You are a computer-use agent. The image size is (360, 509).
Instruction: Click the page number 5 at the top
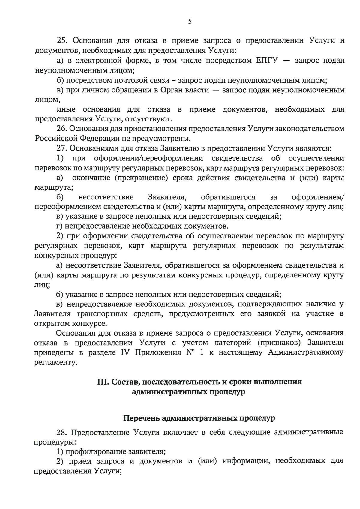(x=190, y=22)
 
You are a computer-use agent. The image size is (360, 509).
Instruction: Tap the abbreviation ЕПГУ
(x=267, y=61)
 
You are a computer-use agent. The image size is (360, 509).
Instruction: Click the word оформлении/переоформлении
(x=148, y=158)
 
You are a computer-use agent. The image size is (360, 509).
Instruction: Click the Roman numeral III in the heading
(x=103, y=382)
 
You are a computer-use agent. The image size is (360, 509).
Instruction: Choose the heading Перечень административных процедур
(x=199, y=418)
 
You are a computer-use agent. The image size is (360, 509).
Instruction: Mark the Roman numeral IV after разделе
(x=125, y=352)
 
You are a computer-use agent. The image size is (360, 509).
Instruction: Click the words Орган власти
(x=185, y=90)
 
